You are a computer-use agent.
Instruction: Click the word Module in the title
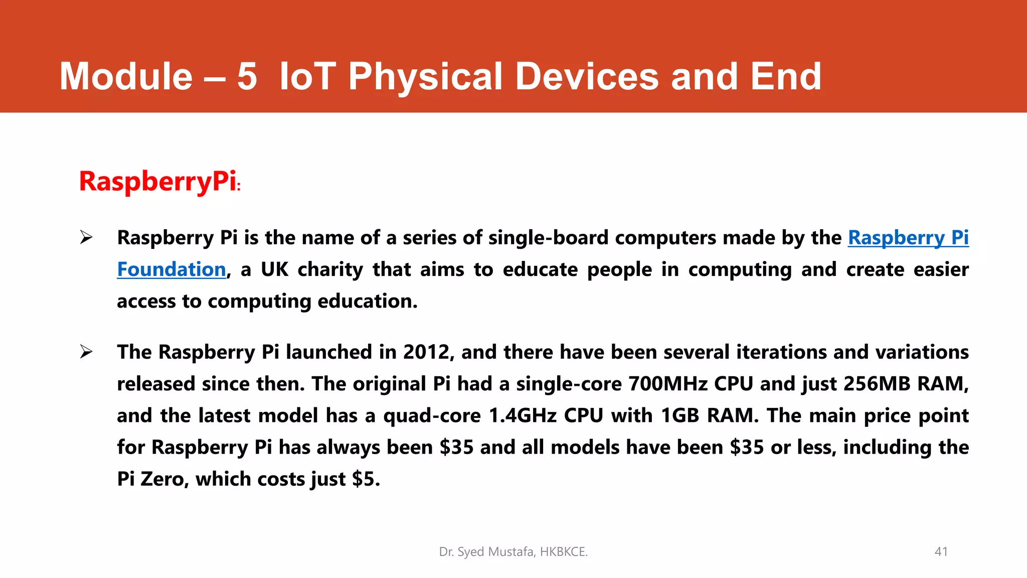click(126, 76)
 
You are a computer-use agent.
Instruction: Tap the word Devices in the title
click(587, 76)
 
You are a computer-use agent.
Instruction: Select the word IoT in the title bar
click(307, 76)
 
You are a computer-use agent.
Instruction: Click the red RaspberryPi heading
click(158, 181)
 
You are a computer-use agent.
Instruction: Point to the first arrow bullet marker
click(86, 237)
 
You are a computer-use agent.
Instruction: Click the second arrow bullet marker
click(86, 352)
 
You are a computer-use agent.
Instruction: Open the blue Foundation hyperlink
click(172, 270)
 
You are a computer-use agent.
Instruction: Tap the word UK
click(275, 270)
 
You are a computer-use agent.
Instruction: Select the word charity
click(330, 270)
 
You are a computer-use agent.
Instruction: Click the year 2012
click(428, 352)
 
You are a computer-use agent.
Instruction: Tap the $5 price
click(366, 479)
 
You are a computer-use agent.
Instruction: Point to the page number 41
click(941, 552)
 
